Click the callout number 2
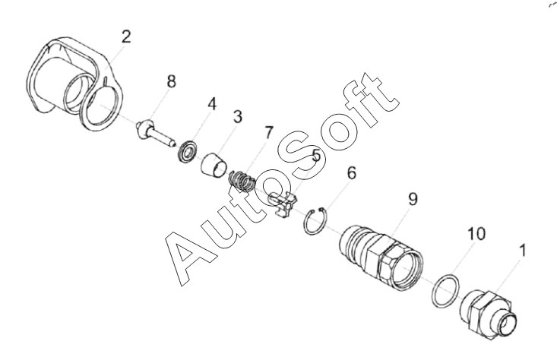pos(126,37)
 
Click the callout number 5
pos(316,156)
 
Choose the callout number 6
pos(350,173)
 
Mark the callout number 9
pos(413,200)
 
